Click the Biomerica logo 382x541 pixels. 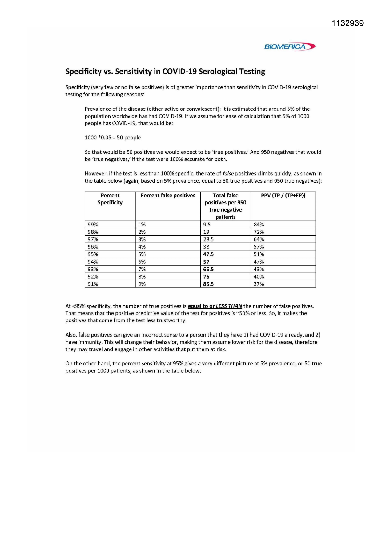point(290,47)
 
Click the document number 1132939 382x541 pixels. point(348,23)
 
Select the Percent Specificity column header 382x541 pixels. point(110,199)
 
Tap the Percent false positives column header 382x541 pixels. point(168,196)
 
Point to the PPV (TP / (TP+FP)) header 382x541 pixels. point(283,196)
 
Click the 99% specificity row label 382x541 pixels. point(93,225)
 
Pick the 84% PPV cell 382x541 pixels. point(259,225)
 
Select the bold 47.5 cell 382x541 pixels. point(208,254)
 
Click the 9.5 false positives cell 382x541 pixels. point(207,225)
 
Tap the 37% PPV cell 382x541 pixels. point(259,284)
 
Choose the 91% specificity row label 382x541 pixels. point(93,284)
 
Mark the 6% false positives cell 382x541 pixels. point(142,262)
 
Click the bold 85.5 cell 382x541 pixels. point(208,284)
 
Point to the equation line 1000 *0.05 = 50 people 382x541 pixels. point(113,138)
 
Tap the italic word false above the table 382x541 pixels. point(228,174)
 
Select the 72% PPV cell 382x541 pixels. point(259,232)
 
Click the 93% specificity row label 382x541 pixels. point(93,269)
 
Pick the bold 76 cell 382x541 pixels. point(206,277)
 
